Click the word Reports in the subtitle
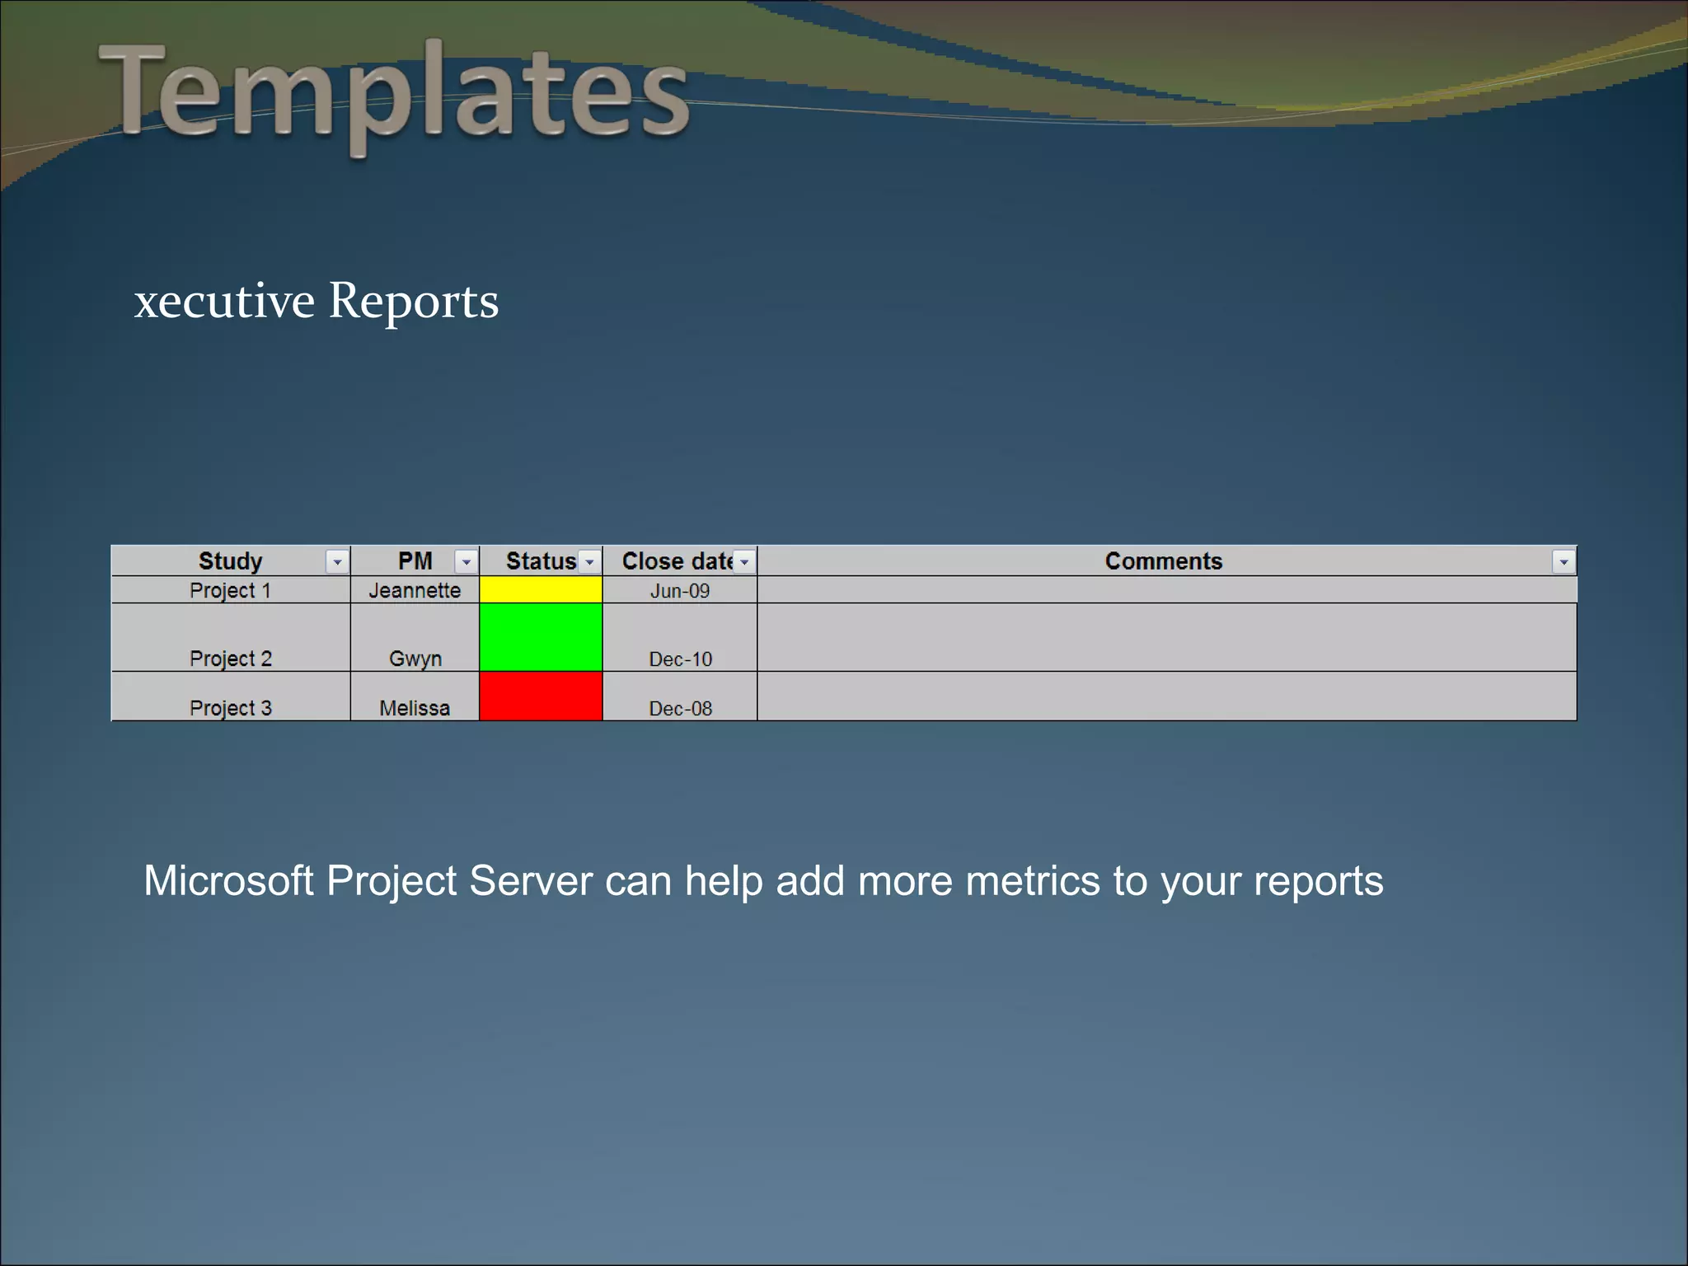point(414,302)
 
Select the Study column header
point(230,561)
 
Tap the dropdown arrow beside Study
point(336,562)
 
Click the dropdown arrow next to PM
point(466,562)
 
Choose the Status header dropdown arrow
point(589,562)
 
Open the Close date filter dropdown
point(744,562)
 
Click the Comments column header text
point(1163,561)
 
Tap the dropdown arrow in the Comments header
point(1563,562)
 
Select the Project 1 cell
point(230,591)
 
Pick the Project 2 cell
point(230,659)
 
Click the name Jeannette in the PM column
point(415,591)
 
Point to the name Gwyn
point(415,659)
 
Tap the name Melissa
point(415,708)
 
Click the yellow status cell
point(541,590)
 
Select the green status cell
point(541,637)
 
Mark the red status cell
point(541,696)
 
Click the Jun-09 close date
point(680,591)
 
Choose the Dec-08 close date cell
point(680,708)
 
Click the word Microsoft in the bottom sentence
point(228,881)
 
